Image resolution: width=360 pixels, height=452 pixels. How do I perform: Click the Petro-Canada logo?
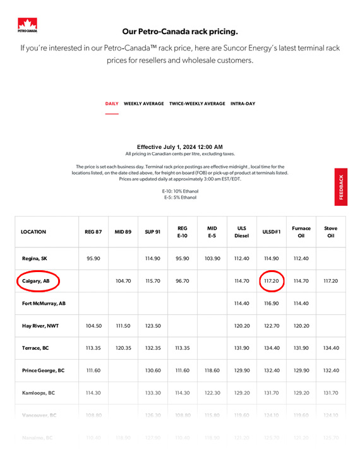27,25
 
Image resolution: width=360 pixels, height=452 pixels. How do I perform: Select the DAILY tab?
112,104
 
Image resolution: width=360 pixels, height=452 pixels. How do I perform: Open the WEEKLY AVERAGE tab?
143,104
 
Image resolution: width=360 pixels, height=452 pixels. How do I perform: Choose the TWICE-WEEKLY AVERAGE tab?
197,104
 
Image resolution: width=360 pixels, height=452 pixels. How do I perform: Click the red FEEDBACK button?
341,187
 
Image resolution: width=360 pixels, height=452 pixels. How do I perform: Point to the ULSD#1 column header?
270,232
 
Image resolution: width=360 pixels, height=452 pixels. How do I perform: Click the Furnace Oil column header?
301,232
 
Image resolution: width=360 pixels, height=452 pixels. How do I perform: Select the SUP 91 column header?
152,232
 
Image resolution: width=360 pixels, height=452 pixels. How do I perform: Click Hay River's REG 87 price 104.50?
93,326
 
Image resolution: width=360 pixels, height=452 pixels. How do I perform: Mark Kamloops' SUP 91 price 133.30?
152,393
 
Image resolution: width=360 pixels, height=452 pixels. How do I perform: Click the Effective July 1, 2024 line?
179,146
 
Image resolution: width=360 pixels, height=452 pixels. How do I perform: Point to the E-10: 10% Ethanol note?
180,191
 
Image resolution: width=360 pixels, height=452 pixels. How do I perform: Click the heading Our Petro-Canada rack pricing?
180,30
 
